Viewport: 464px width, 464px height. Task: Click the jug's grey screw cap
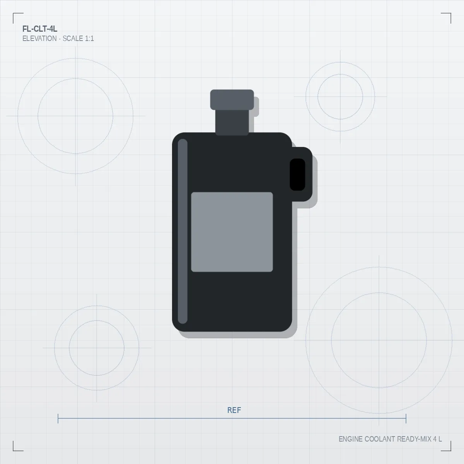(232, 100)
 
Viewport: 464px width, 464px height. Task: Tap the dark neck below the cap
(232, 122)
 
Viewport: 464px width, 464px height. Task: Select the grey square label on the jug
(232, 232)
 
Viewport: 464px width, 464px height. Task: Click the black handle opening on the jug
(297, 174)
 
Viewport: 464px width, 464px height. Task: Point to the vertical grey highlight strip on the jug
(183, 231)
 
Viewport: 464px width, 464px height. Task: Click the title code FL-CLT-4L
(40, 29)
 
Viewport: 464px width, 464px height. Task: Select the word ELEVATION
(39, 39)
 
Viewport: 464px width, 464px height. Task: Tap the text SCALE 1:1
(78, 39)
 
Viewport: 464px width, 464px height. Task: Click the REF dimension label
(234, 410)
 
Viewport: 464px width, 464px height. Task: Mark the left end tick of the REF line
(58, 418)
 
